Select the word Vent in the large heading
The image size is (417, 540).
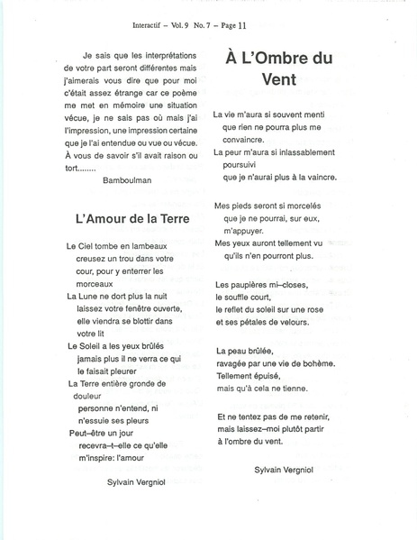(x=277, y=79)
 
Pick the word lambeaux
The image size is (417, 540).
(x=152, y=245)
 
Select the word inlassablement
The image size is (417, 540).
(x=297, y=151)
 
